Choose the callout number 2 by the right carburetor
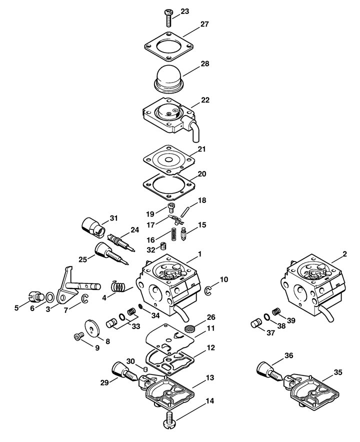[x=345, y=254]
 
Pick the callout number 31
[x=113, y=218]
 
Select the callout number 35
[x=338, y=372]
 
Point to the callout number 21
[x=201, y=149]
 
